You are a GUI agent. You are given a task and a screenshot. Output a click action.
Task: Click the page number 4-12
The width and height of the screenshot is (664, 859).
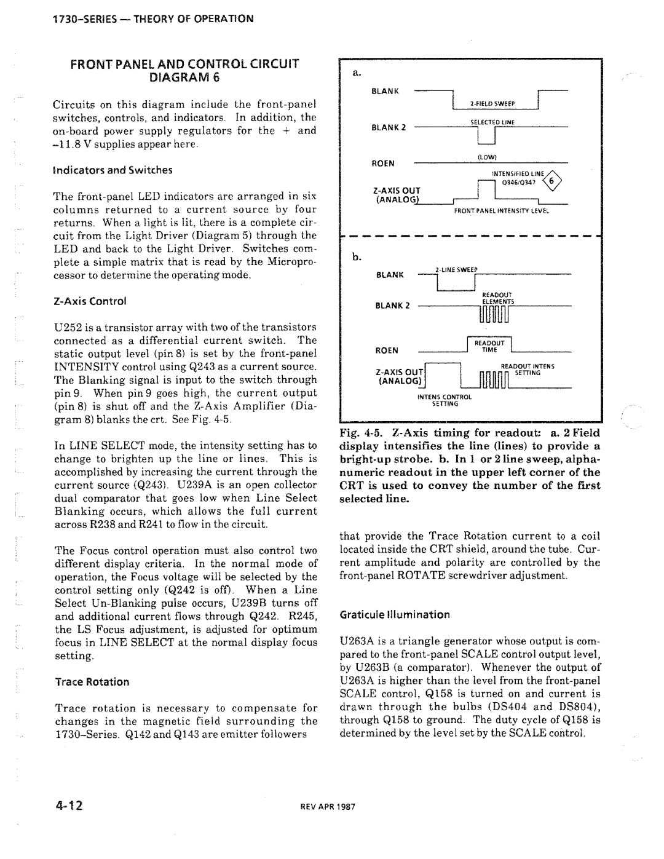(x=73, y=806)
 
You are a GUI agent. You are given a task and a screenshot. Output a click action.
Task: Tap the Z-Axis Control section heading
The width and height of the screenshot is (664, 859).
(x=90, y=301)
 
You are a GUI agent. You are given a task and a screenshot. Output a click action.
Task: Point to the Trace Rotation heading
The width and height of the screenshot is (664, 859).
(x=92, y=681)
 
